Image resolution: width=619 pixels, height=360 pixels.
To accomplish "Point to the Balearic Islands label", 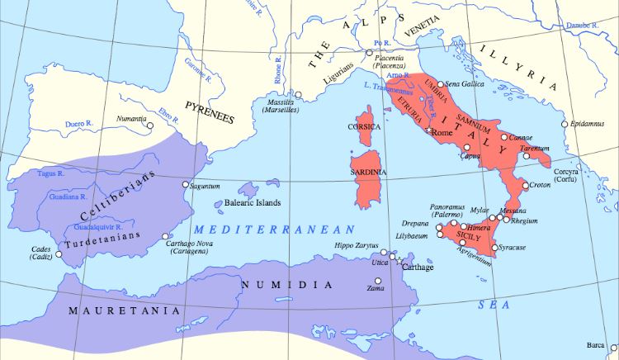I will pos(252,202).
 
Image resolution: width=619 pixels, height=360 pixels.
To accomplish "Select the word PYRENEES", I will pos(210,113).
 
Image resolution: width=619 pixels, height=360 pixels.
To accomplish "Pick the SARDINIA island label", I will pos(368,172).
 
